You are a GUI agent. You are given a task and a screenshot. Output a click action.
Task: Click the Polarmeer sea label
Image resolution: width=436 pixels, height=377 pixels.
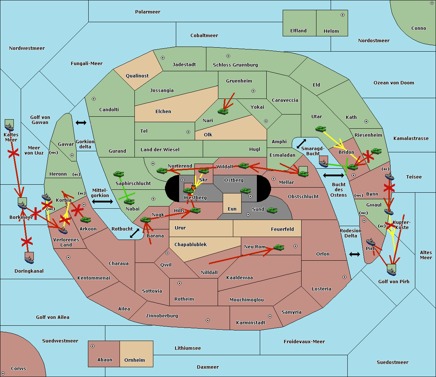click(148, 12)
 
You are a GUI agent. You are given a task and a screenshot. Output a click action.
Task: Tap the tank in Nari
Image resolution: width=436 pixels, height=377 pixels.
click(223, 111)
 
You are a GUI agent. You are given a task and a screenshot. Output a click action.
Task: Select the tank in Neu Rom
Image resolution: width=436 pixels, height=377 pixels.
click(279, 247)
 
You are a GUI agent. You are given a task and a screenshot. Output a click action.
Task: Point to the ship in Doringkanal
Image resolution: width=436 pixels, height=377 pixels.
click(29, 260)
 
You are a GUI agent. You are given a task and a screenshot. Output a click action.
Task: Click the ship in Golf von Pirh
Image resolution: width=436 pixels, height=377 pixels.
click(392, 272)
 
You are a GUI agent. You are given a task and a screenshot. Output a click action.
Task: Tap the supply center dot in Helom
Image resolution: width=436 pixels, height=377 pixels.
click(343, 15)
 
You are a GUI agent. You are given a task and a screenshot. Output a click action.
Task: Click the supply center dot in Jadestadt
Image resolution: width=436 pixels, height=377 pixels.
click(163, 58)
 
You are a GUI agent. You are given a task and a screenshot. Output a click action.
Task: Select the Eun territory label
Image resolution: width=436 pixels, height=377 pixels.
click(232, 209)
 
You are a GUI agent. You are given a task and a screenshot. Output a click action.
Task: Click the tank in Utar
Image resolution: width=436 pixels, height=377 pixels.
click(320, 129)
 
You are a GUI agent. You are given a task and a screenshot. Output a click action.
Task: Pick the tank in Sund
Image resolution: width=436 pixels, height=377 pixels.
click(272, 210)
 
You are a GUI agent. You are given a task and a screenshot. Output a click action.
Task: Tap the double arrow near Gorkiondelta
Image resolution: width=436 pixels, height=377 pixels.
click(81, 123)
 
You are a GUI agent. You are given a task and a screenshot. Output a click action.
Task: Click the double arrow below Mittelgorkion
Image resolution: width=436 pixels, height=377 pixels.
click(102, 201)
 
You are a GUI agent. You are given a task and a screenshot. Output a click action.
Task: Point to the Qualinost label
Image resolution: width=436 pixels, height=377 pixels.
click(137, 76)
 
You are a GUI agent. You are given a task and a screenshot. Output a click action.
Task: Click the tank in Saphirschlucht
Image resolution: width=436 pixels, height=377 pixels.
click(118, 174)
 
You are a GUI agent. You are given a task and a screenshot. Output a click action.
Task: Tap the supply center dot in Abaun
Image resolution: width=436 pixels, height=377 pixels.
click(93, 346)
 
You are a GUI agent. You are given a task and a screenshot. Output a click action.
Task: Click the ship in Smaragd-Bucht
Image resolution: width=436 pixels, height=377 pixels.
click(324, 163)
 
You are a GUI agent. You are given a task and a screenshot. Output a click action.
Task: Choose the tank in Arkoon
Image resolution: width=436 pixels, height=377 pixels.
click(86, 220)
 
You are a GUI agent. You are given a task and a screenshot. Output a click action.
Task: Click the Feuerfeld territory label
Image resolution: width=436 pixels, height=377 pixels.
click(282, 229)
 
